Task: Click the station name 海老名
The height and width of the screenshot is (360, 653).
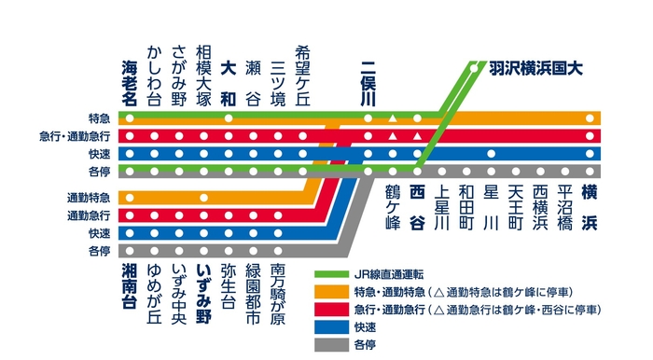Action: pos(130,80)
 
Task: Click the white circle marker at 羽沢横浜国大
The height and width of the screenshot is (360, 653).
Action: pos(476,67)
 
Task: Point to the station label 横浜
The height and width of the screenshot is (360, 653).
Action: pos(590,207)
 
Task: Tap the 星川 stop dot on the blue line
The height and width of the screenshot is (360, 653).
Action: pos(492,153)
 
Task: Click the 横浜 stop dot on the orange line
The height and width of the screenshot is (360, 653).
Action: pos(590,118)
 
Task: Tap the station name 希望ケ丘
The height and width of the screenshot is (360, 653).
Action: pos(301,74)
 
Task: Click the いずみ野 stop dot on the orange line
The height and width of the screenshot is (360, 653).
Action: pos(203,198)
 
